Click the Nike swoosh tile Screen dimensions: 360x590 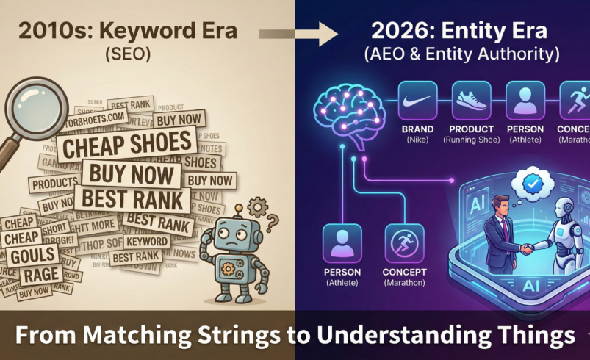pos(417,101)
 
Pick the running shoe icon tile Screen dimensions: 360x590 pos(472,101)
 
